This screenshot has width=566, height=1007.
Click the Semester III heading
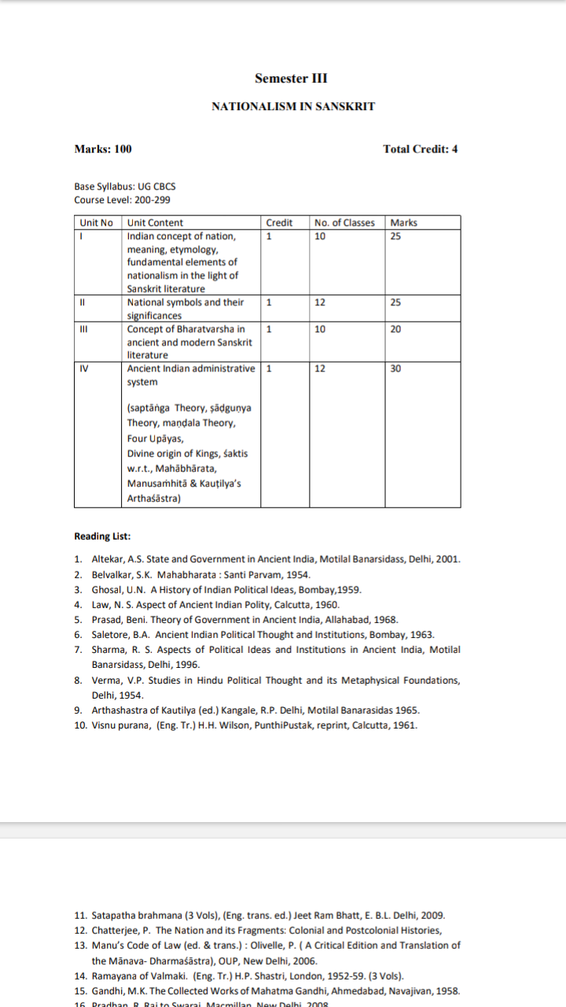click(291, 78)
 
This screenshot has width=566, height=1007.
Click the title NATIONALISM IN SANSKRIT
click(293, 106)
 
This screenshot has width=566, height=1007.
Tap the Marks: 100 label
click(103, 149)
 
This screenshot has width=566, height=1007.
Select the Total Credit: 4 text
click(420, 149)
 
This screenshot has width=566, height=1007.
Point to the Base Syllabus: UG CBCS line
click(125, 186)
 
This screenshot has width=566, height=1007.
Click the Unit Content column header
click(155, 223)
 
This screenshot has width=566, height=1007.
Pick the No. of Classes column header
click(344, 223)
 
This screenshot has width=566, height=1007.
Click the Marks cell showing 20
click(396, 329)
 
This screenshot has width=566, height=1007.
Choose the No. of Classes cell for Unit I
click(319, 235)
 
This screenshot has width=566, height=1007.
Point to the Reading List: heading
click(102, 537)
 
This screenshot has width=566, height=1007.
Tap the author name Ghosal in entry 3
click(108, 589)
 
